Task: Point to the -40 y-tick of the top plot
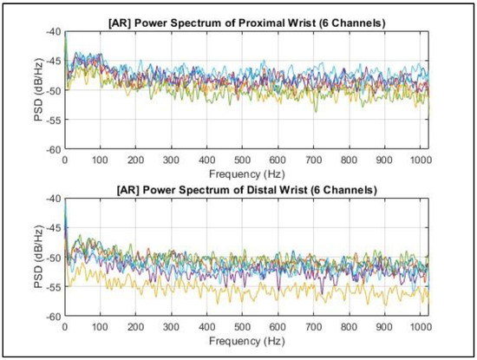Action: coord(53,31)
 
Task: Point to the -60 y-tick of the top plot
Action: coord(53,149)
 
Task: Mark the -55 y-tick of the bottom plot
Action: coord(53,287)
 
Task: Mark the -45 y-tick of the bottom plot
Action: coord(53,228)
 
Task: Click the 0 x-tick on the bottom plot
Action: coord(65,328)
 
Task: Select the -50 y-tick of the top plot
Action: coord(53,90)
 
